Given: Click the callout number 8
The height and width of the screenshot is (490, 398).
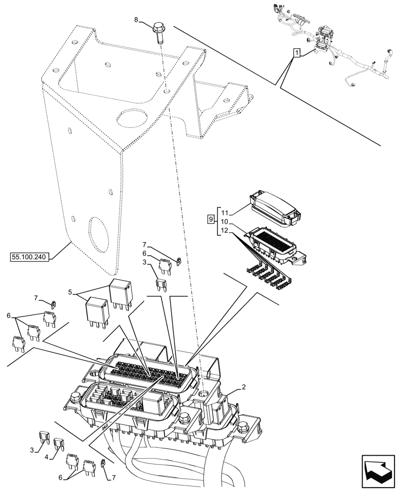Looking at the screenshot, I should point(137,20).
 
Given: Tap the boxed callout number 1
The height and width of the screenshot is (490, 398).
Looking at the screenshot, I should point(296,53).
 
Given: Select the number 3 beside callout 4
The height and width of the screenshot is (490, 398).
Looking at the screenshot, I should point(32,449).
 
